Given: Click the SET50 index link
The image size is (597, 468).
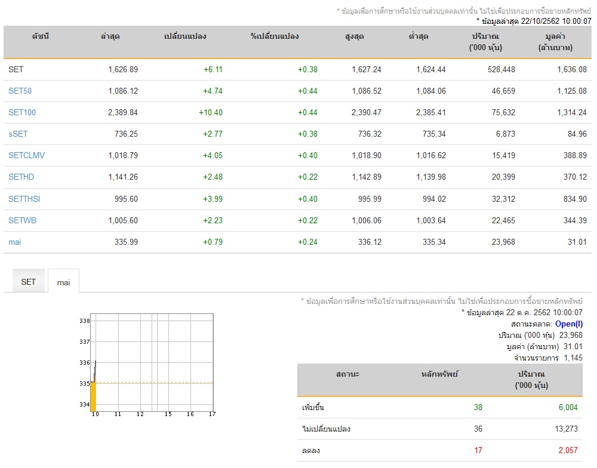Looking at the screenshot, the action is (x=20, y=91).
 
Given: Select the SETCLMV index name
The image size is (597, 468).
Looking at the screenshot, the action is (x=26, y=155).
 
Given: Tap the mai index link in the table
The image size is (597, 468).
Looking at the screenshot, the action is (x=14, y=242).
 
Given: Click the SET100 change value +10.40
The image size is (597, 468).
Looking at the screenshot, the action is (x=211, y=112).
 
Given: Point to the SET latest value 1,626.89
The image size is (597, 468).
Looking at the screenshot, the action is (x=123, y=69).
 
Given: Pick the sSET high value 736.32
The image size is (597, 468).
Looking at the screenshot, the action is (x=370, y=134).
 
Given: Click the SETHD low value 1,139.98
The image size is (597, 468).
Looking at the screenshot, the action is (x=430, y=177).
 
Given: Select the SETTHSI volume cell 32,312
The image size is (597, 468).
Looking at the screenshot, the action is (x=503, y=199).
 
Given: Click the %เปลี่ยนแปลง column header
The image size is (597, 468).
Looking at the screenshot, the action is (x=275, y=36).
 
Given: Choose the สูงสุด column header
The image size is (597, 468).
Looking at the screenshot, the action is (x=354, y=36).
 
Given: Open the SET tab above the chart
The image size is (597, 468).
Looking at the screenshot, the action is (x=28, y=282).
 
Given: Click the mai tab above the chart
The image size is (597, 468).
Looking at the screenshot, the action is (x=64, y=282).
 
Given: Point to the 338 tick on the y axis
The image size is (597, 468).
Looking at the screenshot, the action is (x=85, y=321).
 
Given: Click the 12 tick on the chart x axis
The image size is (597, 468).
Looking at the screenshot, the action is (x=140, y=414).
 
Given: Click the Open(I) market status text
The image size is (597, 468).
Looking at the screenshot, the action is (x=569, y=324).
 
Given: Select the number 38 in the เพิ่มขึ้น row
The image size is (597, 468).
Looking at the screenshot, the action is (x=478, y=408).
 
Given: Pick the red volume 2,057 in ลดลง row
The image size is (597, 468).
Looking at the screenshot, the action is (x=568, y=451).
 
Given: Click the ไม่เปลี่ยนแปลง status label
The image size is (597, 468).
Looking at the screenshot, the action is (x=326, y=429).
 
